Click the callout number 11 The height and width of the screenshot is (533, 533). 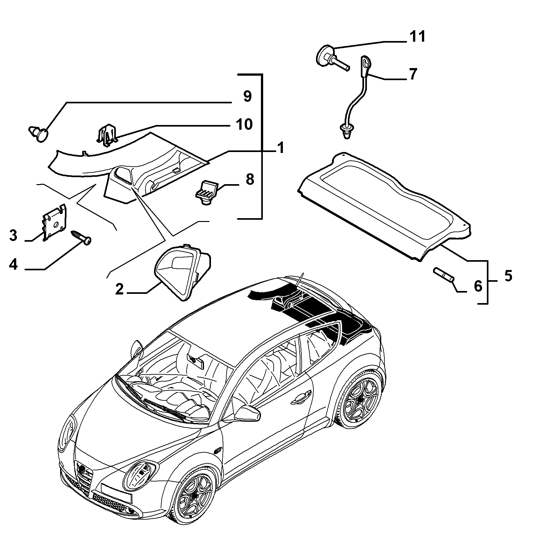pos(417,37)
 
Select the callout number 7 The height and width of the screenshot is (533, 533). pos(412,74)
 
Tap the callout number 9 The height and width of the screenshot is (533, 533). pos(247,96)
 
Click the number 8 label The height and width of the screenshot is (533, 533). pos(250,180)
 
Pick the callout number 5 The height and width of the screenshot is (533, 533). pos(508,276)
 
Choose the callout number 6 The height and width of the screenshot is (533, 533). pos(478,286)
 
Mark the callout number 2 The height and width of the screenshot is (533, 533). pos(119,289)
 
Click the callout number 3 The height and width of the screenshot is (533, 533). pos(13,236)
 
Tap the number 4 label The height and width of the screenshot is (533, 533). pos(13,264)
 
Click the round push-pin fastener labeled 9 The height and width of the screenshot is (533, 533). pos(39,134)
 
